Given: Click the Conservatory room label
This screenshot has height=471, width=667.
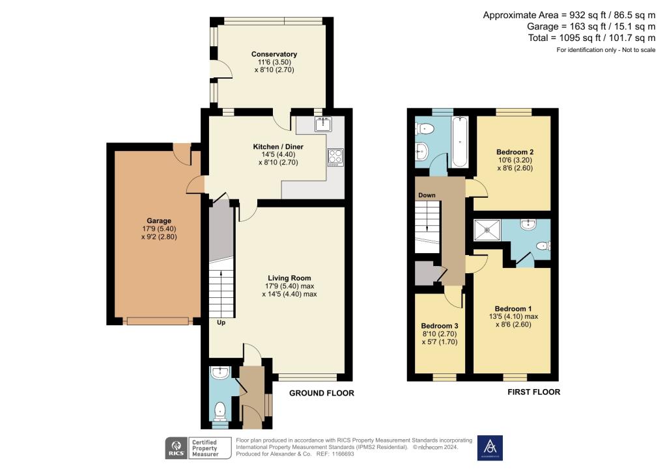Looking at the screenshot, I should point(274,54).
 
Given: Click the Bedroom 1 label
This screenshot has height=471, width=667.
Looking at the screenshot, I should point(513,308).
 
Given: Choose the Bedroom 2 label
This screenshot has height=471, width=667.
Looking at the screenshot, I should point(514,152).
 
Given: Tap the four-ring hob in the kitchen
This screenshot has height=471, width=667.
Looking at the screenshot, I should point(336,157).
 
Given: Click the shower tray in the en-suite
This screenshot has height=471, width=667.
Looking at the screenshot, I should point(488,229).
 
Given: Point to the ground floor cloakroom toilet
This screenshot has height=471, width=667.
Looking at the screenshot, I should point(221,410).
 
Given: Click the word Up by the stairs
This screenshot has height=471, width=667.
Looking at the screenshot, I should point(221,322).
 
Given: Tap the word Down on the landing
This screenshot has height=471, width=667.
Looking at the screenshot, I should point(427,195).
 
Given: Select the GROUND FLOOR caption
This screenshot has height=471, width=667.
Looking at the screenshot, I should point(322,393).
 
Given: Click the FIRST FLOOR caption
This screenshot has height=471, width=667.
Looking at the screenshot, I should point(533,392).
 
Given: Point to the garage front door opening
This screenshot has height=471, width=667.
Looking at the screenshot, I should point(158,321).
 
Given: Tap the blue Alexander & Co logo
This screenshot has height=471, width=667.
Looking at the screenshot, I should point(490,448).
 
